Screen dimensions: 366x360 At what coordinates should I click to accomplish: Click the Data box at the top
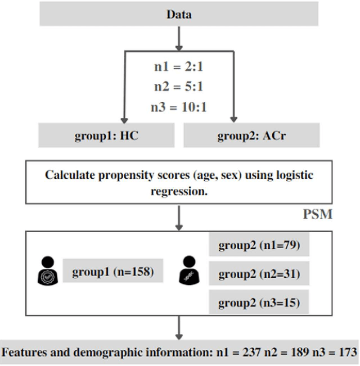(179, 15)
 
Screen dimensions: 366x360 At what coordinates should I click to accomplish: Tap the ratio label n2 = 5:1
(179, 86)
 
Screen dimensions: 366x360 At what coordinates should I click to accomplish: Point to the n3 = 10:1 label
(179, 106)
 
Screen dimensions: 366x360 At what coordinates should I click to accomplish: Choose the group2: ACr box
(251, 135)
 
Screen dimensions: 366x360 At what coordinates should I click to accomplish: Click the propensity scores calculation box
(179, 183)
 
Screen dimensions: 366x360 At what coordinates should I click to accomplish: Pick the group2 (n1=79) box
(259, 246)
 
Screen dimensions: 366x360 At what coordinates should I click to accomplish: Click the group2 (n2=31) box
(259, 274)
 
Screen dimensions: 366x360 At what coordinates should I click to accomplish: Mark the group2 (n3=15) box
(259, 303)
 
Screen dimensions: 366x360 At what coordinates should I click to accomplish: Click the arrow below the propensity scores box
(179, 216)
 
